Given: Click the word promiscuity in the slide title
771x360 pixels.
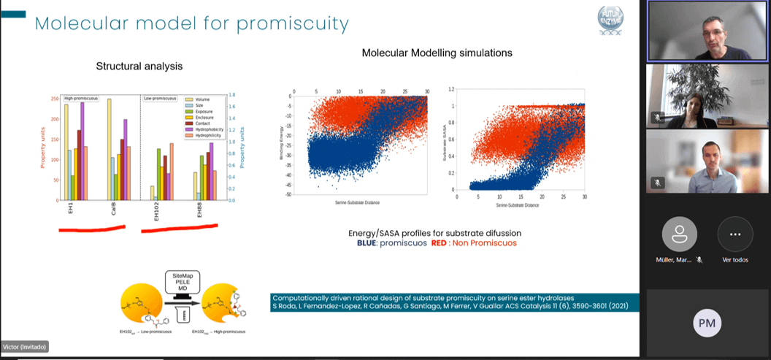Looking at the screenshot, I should click(x=292, y=23).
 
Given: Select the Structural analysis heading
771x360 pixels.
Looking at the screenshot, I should click(x=139, y=66).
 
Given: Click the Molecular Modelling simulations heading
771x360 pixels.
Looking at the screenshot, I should click(x=437, y=53).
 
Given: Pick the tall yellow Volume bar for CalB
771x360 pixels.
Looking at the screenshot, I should click(x=110, y=150).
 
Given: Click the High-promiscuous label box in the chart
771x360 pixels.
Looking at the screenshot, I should click(x=81, y=98).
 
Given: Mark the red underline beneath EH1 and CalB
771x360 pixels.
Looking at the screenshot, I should click(x=91, y=229).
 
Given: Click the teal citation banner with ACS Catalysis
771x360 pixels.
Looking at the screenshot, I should click(x=454, y=302).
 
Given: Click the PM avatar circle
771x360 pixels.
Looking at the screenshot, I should click(x=706, y=322).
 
